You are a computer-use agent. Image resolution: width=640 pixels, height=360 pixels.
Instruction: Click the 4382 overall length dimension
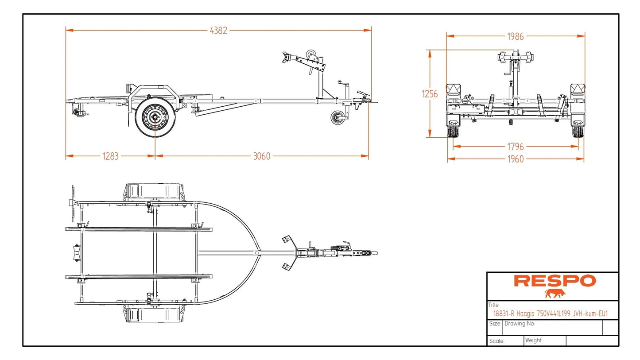click(x=218, y=31)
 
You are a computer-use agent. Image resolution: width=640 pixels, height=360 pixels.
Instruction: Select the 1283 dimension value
click(x=110, y=156)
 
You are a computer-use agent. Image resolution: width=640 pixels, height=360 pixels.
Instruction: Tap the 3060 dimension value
click(x=262, y=156)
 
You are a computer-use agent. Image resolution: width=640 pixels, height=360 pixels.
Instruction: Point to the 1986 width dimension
click(x=516, y=36)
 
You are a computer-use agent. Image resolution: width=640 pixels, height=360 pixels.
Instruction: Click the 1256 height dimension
click(x=430, y=94)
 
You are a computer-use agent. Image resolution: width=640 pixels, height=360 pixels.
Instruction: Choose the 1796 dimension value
click(x=516, y=146)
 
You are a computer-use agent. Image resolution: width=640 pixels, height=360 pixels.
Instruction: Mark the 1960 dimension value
click(x=516, y=159)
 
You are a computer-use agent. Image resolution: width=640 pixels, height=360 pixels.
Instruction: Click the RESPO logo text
click(x=555, y=281)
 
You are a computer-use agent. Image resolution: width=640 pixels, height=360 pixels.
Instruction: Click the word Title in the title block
click(x=494, y=305)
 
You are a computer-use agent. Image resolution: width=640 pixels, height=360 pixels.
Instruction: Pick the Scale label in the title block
click(x=496, y=341)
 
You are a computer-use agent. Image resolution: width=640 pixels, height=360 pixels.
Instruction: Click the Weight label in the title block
click(x=534, y=341)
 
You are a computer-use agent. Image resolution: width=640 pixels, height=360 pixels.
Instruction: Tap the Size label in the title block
click(x=495, y=324)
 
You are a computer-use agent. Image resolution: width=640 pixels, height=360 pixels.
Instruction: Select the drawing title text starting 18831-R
click(x=550, y=314)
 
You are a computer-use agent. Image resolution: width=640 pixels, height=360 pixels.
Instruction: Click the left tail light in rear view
click(x=454, y=89)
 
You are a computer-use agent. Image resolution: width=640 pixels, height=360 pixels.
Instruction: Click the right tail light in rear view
click(x=578, y=89)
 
